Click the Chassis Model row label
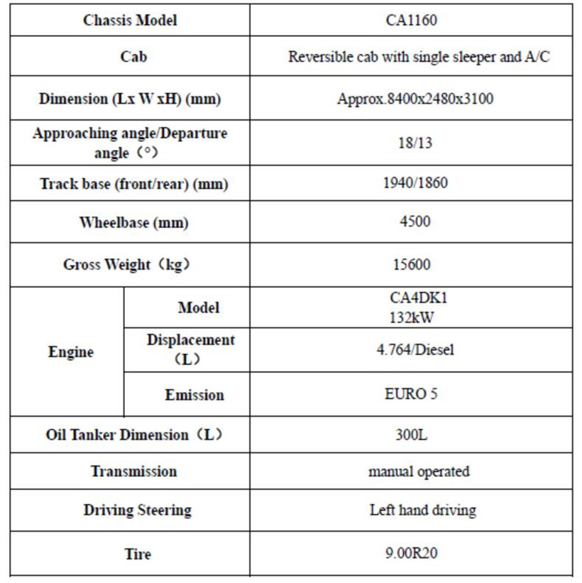pyautogui.click(x=130, y=20)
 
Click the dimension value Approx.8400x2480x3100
pyautogui.click(x=414, y=99)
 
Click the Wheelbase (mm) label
pyautogui.click(x=133, y=222)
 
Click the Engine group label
pyautogui.click(x=71, y=352)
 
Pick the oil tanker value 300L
pyautogui.click(x=411, y=434)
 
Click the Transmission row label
pyautogui.click(x=133, y=471)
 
